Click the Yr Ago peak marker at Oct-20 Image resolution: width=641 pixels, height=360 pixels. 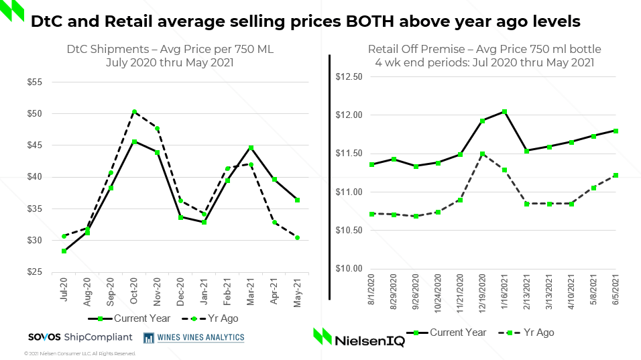click(134, 112)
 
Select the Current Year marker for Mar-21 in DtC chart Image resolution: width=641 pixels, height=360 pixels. click(251, 147)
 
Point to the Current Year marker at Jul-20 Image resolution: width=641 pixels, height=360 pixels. click(64, 251)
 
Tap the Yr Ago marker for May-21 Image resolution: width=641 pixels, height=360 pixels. click(297, 237)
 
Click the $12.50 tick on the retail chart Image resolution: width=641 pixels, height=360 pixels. click(348, 76)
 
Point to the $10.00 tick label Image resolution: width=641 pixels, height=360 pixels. click(348, 269)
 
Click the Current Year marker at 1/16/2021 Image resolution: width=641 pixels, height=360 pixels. click(504, 111)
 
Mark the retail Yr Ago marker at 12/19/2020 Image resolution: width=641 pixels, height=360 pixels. click(482, 154)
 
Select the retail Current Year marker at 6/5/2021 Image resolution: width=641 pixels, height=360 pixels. click(616, 131)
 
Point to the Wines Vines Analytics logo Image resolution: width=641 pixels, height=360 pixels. click(194, 337)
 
